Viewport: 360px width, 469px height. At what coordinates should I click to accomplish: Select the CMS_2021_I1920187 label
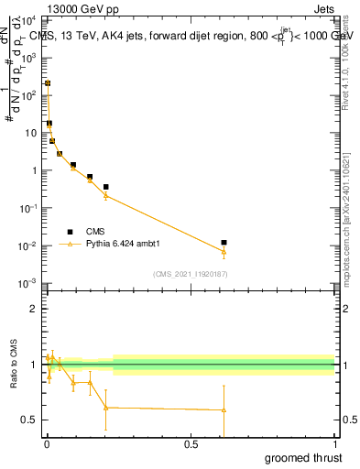point(191,273)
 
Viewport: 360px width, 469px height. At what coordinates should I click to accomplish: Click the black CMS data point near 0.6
point(224,243)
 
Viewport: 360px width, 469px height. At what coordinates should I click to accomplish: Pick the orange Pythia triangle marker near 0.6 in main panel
point(224,252)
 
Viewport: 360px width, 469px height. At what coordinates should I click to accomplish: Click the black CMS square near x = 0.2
point(106,187)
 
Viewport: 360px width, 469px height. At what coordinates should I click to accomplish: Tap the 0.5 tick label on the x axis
point(190,443)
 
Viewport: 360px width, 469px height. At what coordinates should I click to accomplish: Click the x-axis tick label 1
point(334,443)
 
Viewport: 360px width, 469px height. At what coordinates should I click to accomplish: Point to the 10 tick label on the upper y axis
point(31,132)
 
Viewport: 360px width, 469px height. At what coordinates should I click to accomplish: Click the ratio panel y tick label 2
point(36,309)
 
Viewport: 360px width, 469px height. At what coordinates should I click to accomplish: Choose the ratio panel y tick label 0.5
point(30,420)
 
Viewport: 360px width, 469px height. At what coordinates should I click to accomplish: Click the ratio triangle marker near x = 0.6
point(224,409)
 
